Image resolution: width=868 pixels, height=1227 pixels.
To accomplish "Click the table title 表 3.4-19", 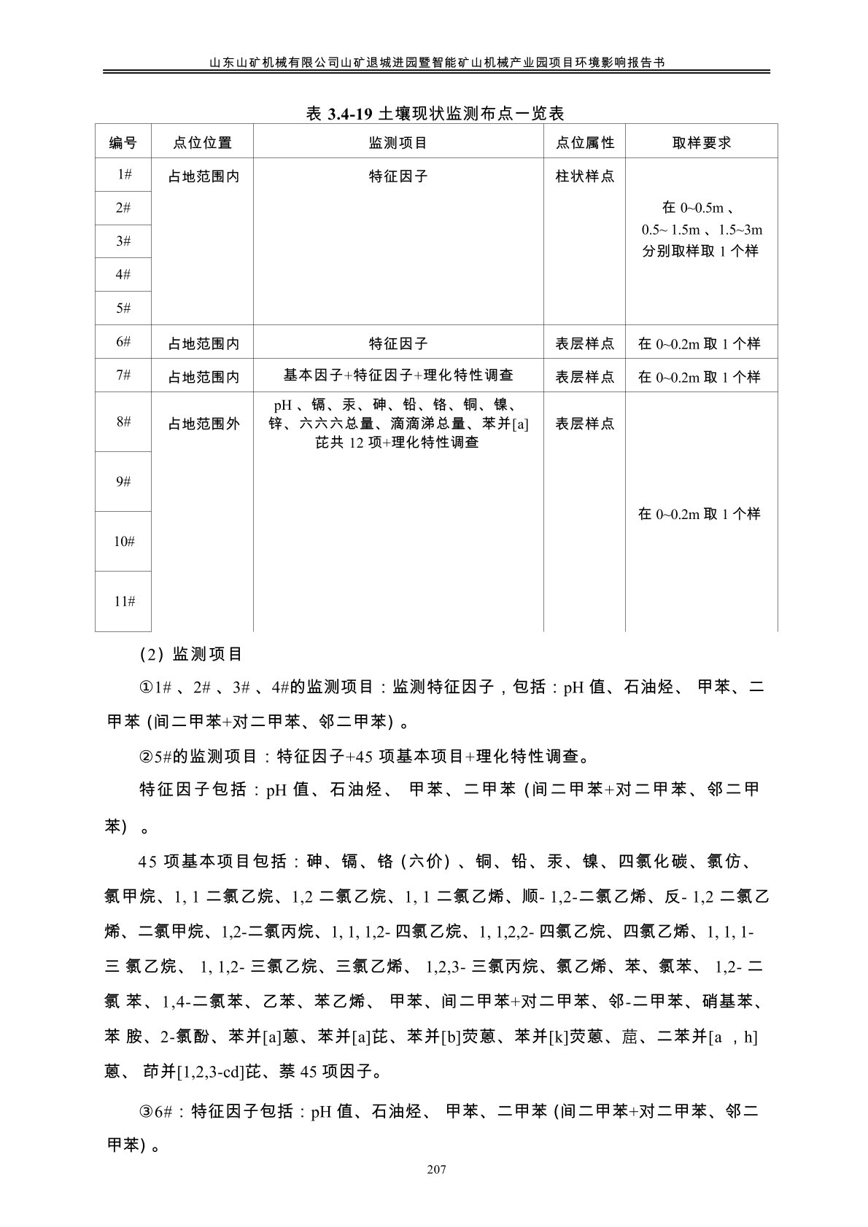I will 435,113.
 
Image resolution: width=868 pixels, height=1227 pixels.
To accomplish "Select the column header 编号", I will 123,143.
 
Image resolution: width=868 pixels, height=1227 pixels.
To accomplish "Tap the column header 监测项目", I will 398,143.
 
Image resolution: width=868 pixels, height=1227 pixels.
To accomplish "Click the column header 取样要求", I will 701,143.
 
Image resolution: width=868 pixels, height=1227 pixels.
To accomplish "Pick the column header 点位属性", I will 584,143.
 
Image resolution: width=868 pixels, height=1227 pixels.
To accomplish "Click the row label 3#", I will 123,241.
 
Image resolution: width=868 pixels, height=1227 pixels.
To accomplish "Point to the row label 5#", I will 123,308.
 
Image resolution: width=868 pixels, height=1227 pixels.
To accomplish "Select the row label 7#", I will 123,375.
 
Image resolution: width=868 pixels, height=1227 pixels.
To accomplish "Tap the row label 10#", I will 123,542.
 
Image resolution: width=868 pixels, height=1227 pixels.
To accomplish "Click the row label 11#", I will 123,601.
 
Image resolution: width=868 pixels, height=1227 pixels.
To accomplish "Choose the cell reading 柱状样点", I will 584,176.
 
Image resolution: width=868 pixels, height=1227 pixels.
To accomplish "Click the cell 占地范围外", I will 204,424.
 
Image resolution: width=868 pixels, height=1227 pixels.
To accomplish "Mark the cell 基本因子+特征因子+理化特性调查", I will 398,375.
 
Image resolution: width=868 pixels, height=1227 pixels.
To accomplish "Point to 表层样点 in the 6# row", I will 584,343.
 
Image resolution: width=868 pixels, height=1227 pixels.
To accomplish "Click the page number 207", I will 435,1170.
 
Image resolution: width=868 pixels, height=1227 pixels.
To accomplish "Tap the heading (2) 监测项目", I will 190,654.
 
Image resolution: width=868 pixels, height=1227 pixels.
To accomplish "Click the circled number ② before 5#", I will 146,756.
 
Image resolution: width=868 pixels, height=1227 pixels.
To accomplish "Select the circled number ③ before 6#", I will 146,1112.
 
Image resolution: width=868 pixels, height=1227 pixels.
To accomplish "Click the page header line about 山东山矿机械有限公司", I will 435,63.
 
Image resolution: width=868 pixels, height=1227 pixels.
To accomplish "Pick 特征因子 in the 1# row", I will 398,176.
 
